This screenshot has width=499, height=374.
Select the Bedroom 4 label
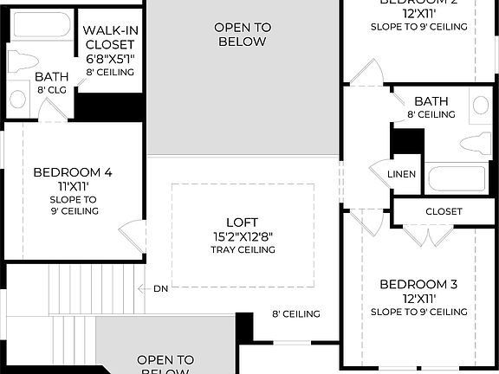tap(72, 172)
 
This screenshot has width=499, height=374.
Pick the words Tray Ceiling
tap(243, 250)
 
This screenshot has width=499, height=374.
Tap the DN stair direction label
tap(160, 288)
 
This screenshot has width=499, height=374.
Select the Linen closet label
tap(401, 174)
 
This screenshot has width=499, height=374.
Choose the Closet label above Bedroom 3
tap(444, 212)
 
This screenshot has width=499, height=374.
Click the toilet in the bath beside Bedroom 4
tap(19, 62)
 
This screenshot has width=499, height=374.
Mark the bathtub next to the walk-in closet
tap(42, 25)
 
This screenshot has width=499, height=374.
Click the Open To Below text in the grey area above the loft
tap(243, 35)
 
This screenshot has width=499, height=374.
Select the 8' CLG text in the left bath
tap(51, 90)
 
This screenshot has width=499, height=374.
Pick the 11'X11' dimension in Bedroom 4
tap(72, 185)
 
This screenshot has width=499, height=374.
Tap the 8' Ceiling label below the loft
tap(296, 314)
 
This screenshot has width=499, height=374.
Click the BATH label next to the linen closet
tap(431, 102)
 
